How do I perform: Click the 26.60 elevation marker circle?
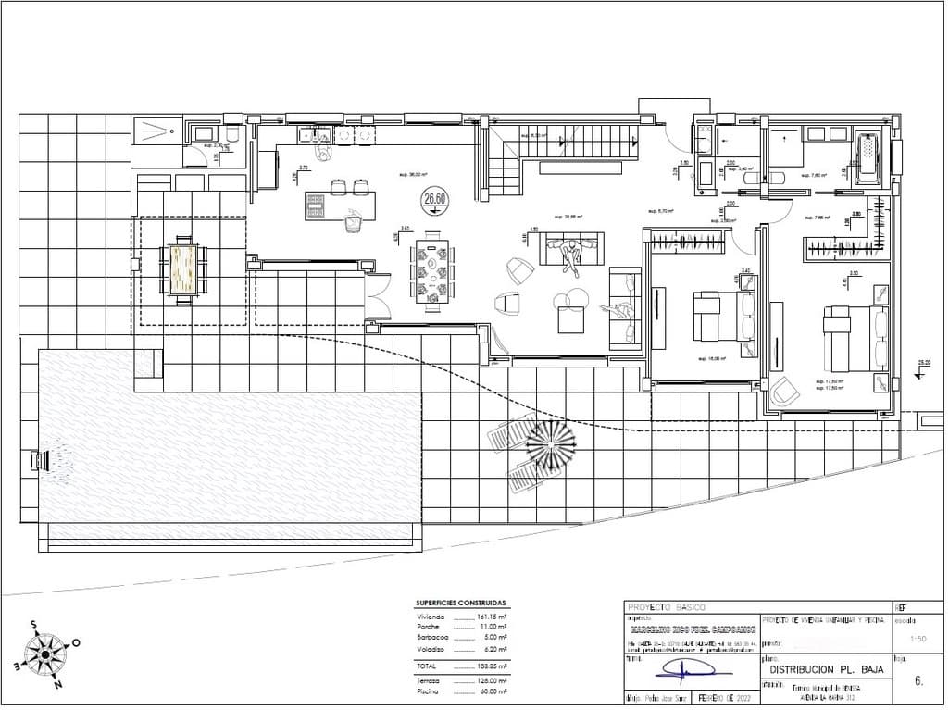tap(434, 197)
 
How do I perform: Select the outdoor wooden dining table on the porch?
tap(181, 268)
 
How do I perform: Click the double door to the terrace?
tap(378, 297)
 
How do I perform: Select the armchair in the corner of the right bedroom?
tap(782, 392)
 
